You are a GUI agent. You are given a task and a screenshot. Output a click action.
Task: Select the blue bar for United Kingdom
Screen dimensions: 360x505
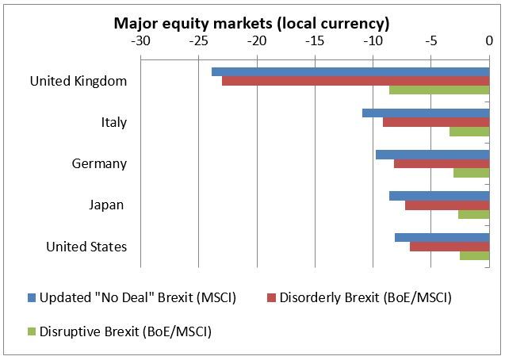pos(350,71)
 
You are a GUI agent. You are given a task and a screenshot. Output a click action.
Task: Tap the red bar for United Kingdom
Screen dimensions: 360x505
pos(355,81)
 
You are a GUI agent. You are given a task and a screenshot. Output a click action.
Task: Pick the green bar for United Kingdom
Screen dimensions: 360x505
pos(439,90)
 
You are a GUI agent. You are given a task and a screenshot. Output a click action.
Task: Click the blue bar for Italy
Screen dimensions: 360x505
pos(426,113)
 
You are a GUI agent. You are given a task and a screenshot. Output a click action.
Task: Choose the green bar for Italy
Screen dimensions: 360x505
pos(469,132)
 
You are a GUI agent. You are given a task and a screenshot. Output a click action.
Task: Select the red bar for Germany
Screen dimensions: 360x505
pos(442,163)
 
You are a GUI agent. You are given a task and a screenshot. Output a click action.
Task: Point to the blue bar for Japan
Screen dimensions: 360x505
pos(439,195)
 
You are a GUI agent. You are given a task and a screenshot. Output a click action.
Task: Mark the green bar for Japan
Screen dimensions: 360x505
pos(473,214)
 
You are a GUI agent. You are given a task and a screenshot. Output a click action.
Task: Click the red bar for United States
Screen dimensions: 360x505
pos(450,246)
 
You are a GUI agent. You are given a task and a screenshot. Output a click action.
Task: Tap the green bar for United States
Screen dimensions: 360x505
pos(474,255)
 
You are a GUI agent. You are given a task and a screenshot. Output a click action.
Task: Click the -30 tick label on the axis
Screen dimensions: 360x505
pos(140,39)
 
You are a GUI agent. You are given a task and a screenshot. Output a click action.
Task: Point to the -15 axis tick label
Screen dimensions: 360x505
pos(315,39)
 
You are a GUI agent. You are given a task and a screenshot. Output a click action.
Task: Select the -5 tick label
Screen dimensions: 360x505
pos(431,39)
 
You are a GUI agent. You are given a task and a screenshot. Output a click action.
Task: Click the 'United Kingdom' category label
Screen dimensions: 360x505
pos(78,81)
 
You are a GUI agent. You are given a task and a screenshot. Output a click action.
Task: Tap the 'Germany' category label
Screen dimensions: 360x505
pos(98,163)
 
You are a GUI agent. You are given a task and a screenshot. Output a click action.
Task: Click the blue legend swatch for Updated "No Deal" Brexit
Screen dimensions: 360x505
pos(32,298)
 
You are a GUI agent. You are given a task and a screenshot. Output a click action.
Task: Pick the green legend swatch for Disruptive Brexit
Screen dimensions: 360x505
pos(32,332)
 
